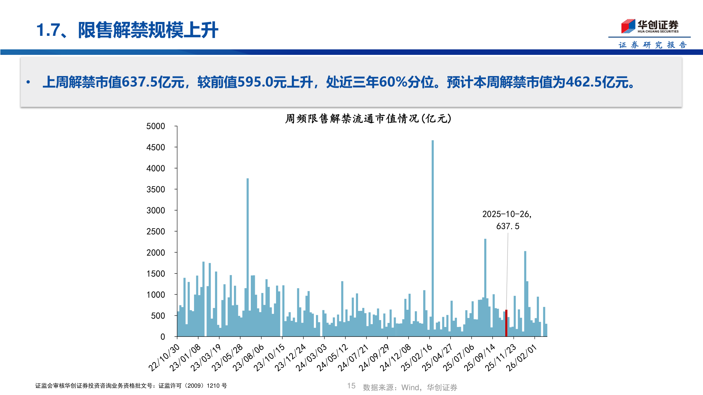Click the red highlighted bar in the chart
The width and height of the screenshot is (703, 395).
(x=506, y=323)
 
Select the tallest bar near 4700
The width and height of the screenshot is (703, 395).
(x=432, y=238)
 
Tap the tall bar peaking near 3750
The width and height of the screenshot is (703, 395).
(x=248, y=256)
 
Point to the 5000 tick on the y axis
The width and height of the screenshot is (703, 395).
(x=156, y=127)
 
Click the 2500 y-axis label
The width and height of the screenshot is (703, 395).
(x=156, y=232)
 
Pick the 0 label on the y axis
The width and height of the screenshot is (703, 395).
(x=163, y=337)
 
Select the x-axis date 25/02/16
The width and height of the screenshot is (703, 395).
(x=417, y=358)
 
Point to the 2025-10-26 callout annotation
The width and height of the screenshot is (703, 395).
(x=507, y=220)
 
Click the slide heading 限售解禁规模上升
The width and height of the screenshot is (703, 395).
(x=148, y=30)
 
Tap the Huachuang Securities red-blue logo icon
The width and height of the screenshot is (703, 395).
(x=628, y=26)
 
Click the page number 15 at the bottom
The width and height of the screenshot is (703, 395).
(x=351, y=386)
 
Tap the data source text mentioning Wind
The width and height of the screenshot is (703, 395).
(x=410, y=387)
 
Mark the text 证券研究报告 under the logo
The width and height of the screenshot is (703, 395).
(x=652, y=45)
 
